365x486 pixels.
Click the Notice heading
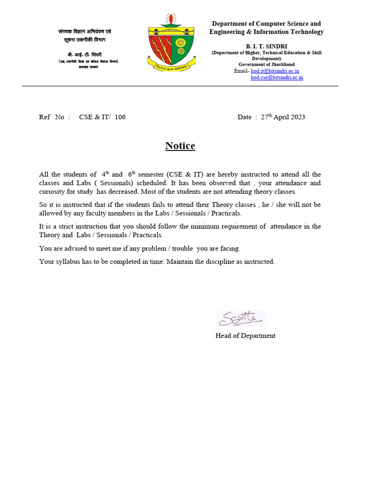coord(180,146)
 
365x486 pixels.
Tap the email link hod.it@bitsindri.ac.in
coord(275,71)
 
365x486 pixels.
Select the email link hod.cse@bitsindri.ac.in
coord(277,77)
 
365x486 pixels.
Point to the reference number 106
coord(120,117)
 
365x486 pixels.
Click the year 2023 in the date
coord(298,117)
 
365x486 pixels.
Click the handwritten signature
coord(240,318)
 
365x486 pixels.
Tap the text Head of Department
coord(245,336)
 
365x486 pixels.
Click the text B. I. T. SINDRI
coord(266,46)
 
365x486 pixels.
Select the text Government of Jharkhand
coord(266,64)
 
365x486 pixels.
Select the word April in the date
coord(284,117)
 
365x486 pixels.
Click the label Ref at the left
coord(45,117)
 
